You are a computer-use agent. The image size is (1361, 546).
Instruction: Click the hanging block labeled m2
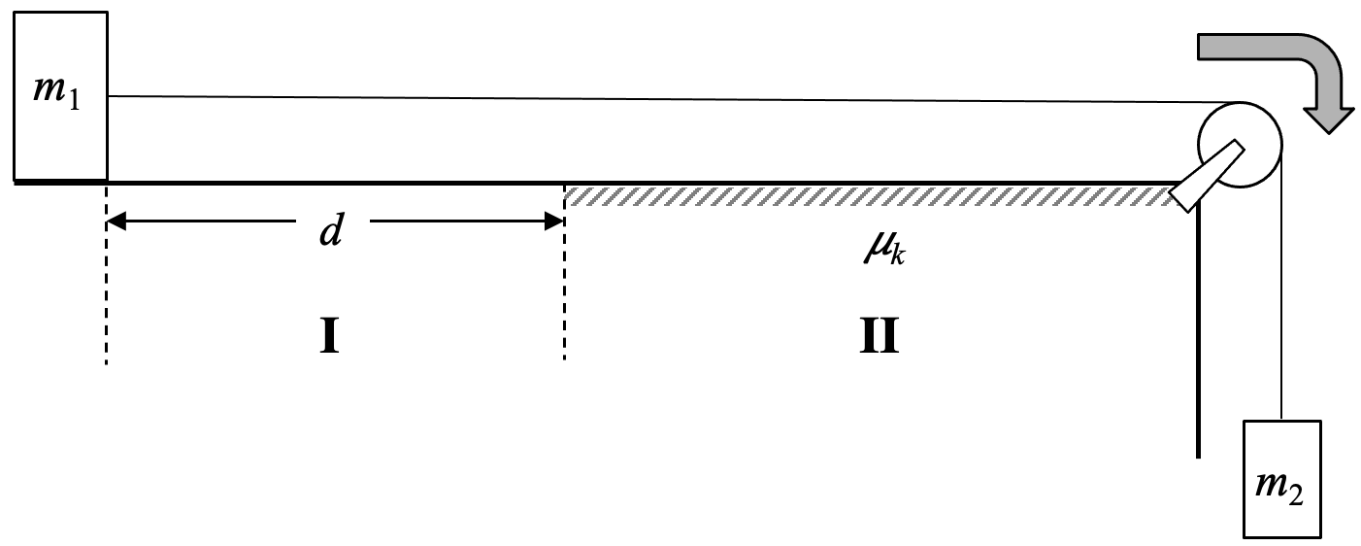click(1281, 477)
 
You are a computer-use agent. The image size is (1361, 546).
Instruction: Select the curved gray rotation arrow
click(1272, 58)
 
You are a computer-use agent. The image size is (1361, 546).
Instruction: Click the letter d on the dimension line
click(332, 233)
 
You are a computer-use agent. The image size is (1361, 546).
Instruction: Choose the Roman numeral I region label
click(329, 336)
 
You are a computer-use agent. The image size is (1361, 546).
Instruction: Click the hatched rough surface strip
click(864, 196)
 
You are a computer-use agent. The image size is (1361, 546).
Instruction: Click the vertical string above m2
click(1282, 291)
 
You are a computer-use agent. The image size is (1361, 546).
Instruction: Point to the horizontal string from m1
click(660, 99)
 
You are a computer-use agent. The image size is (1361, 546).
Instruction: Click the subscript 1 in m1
click(73, 103)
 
